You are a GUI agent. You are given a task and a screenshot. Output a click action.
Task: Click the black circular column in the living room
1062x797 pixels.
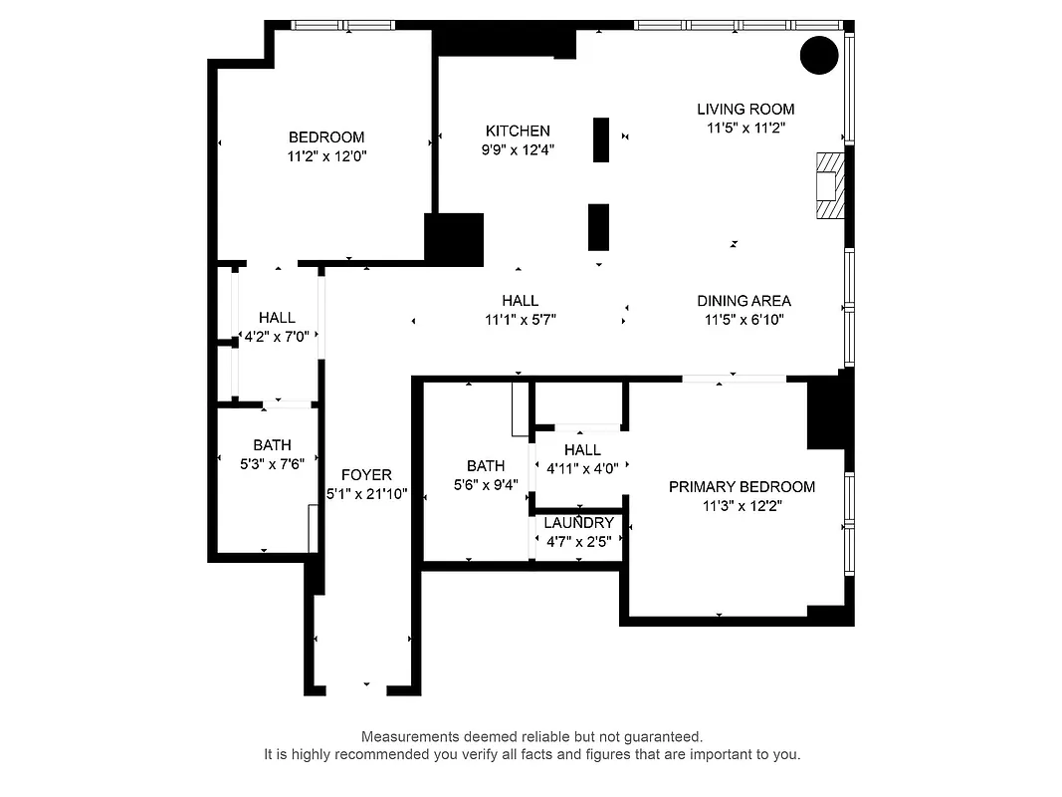coord(820,55)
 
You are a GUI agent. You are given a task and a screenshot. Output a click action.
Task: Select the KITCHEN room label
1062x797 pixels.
coord(518,131)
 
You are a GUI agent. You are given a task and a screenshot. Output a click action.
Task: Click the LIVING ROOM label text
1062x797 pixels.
coord(745,109)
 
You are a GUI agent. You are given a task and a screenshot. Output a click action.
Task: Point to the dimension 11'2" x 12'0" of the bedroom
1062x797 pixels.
coord(326,156)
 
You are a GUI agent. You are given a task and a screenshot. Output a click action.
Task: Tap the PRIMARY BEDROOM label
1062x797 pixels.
coord(742,486)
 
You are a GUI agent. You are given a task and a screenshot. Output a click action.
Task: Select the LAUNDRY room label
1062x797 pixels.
coord(578,523)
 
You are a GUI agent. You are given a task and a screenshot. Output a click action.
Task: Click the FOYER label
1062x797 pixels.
coord(366,475)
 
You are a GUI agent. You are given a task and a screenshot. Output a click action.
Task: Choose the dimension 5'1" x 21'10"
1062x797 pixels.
coord(366,494)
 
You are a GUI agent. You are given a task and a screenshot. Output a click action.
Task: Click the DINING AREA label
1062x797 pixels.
coord(743,300)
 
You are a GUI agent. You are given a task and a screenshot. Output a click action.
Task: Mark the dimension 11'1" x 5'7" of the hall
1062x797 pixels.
coord(520,320)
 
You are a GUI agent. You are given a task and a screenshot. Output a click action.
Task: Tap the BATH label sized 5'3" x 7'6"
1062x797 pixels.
coord(272,445)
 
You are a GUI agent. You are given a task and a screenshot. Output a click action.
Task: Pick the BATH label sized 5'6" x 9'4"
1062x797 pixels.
coord(486,465)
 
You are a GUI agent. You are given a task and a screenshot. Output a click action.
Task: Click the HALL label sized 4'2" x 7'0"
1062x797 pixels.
coord(276,317)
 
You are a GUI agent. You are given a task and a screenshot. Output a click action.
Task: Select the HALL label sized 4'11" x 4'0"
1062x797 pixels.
coord(582,449)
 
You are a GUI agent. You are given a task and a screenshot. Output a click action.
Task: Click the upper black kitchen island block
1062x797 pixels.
coord(601,139)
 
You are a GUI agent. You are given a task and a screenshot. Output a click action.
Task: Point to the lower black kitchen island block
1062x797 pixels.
coord(598,227)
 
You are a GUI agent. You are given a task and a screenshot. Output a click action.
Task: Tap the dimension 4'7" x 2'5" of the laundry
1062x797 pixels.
coord(578,543)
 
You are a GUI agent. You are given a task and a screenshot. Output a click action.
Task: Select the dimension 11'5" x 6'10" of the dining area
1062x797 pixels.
coord(743,320)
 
